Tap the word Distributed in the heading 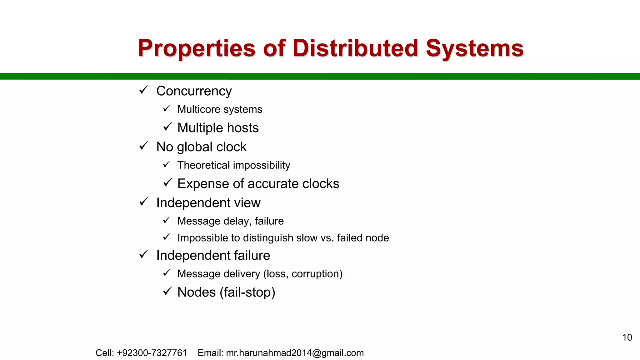coord(355,48)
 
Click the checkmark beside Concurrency coord(144,90)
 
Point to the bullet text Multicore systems coord(220,109)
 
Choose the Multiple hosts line coord(218,128)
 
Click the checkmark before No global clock coord(144,146)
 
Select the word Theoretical coord(203,165)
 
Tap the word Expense coord(204,184)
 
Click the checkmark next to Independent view coord(144,202)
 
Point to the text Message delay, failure coord(230,221)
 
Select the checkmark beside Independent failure coord(144,255)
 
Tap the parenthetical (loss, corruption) coord(303,274)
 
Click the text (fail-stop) coord(247,292)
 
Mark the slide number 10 coord(627,337)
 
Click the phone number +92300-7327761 coord(152,353)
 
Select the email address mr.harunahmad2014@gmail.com coord(295,353)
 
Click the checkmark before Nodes coord(167,292)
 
